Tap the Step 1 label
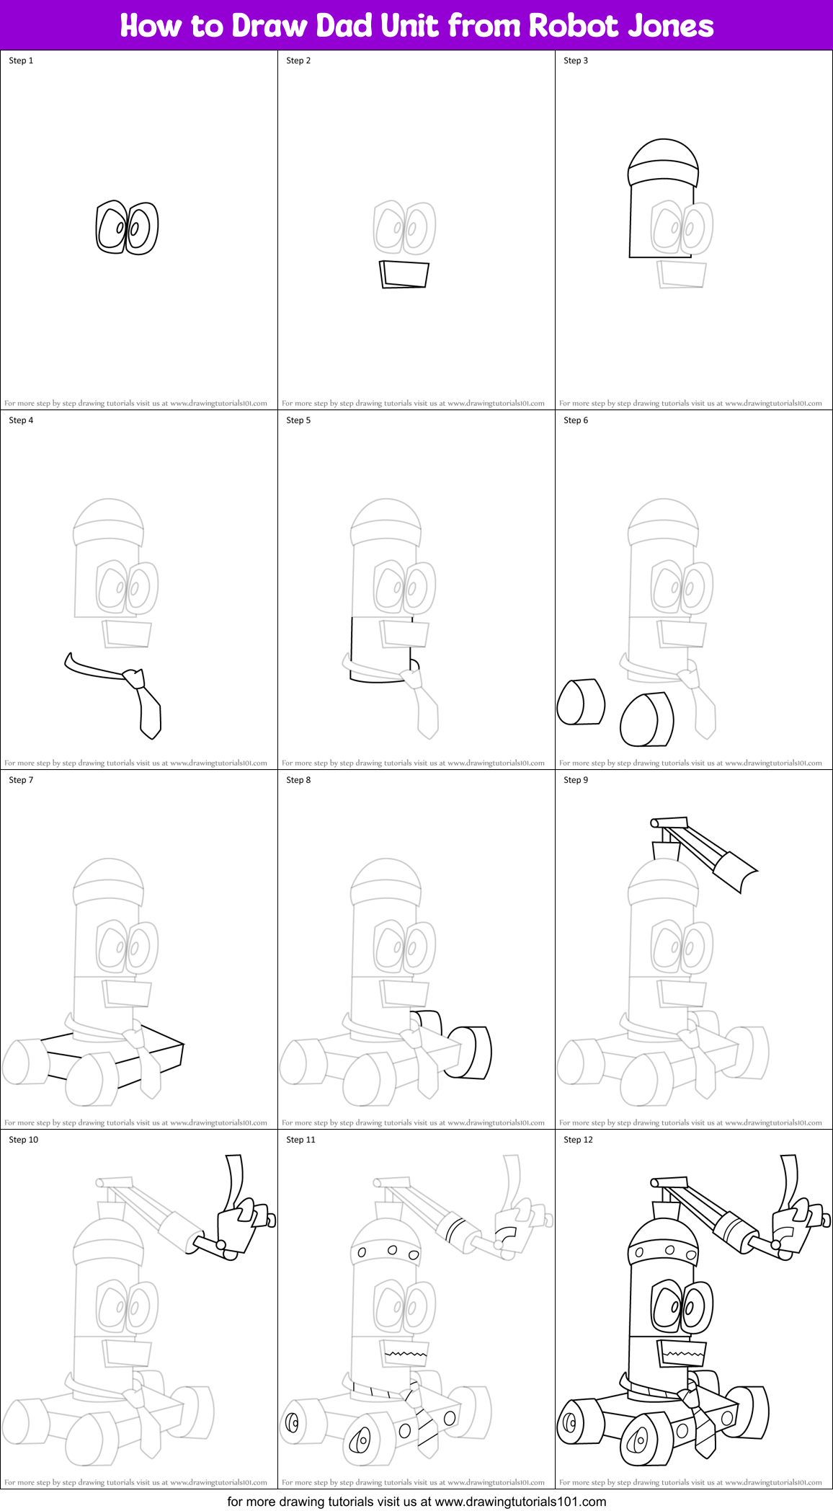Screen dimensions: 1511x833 [21, 61]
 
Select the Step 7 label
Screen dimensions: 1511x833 [21, 780]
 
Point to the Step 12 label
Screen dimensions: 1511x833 [578, 1140]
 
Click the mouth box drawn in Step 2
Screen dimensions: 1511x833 [404, 275]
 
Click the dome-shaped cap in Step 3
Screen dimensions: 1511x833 [663, 163]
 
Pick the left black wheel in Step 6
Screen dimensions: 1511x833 [580, 701]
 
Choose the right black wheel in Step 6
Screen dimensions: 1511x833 [646, 719]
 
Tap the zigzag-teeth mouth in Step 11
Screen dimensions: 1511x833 [405, 1354]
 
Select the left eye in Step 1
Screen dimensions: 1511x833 [112, 227]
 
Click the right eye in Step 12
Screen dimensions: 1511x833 [696, 1307]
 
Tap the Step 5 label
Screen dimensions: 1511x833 [298, 420]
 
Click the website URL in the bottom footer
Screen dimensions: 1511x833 [520, 1502]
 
